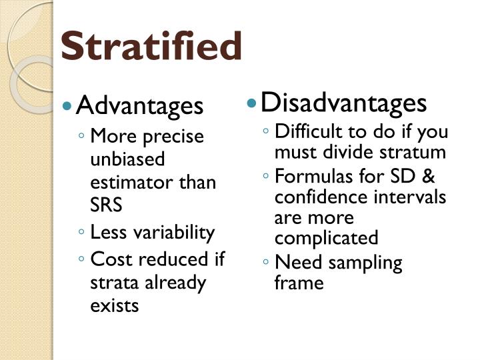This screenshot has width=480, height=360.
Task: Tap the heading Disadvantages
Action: pos(343,103)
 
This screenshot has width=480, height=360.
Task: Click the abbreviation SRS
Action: pos(106,205)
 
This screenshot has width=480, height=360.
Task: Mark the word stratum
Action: pos(415,152)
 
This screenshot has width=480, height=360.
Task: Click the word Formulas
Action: pos(308,178)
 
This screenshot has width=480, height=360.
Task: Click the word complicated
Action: pos(326,238)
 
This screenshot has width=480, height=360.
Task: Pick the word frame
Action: pos(299,283)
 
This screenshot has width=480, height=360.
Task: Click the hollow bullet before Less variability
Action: pos(81,233)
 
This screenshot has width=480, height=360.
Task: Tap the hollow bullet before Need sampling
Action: pos(266,263)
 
